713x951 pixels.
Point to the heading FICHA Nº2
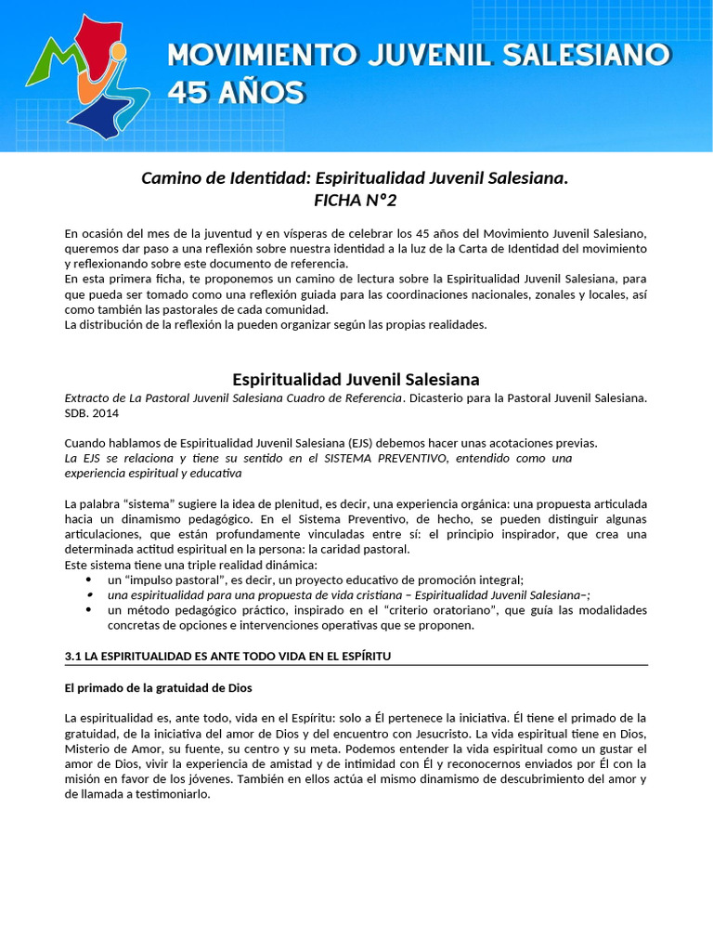[x=356, y=200]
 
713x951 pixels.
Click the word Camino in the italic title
[x=169, y=177]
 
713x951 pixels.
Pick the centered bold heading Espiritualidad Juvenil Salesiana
[x=356, y=379]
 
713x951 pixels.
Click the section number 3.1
[x=73, y=657]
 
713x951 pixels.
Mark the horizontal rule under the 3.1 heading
[x=356, y=666]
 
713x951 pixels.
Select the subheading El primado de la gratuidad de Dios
[x=159, y=688]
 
